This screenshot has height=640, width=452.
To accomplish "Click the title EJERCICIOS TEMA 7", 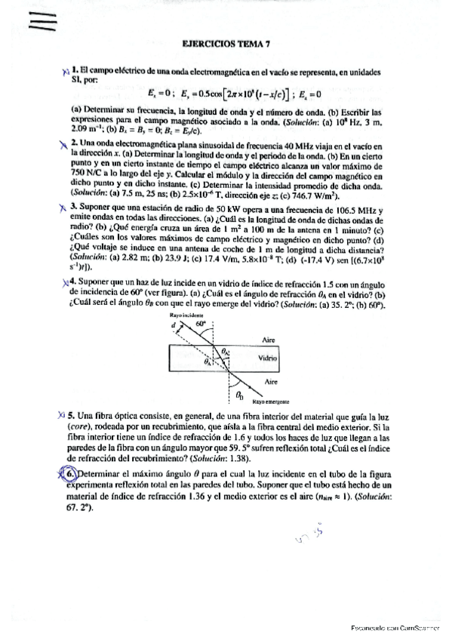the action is tap(226, 45).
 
